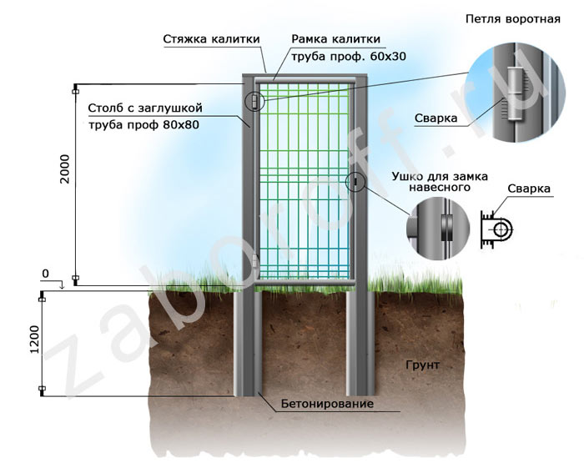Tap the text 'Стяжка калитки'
coord(212,38)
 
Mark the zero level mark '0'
coord(46,274)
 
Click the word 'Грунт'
coord(422,365)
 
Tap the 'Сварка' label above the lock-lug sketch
coord(530,189)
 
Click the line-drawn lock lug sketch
coord(500,227)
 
